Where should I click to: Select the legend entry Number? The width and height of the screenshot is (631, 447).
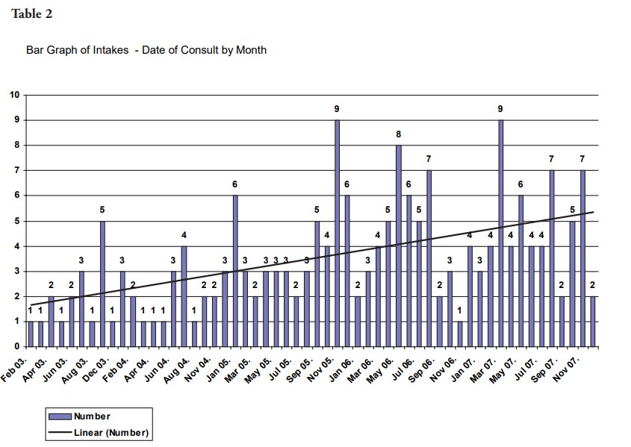point(91,416)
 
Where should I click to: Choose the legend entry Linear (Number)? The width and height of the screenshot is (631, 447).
point(111,432)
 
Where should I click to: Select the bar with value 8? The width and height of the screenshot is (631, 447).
point(398,246)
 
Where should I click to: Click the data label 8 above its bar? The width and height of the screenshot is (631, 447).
point(398,134)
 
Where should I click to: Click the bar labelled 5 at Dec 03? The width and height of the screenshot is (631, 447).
point(102,284)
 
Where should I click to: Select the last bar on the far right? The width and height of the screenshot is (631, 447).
point(592,322)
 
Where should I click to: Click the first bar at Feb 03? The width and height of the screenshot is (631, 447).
point(31,334)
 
